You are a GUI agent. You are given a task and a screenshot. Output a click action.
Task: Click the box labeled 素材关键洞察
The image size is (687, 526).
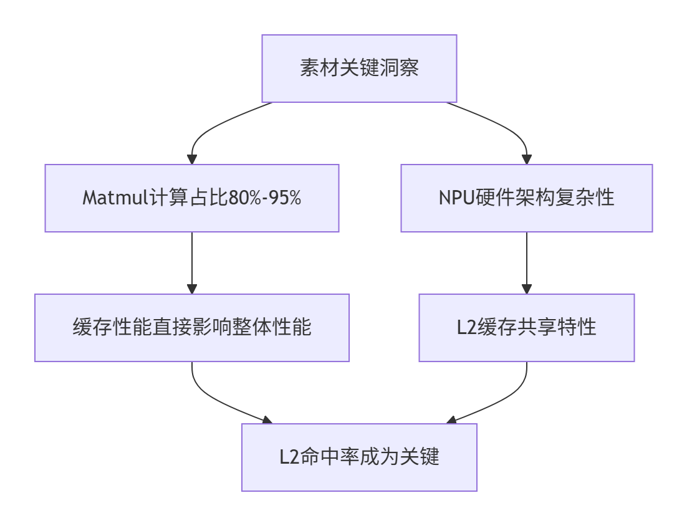(359, 68)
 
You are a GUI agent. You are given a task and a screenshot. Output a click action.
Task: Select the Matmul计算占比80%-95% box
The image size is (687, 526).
(192, 198)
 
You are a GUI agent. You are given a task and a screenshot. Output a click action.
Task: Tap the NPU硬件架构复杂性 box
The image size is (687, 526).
(526, 198)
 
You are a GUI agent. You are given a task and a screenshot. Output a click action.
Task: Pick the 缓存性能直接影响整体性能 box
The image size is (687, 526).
(192, 328)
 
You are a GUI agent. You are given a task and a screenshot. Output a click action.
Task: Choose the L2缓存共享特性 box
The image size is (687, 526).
(526, 328)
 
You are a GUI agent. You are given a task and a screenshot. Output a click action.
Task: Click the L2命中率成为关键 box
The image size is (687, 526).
(359, 457)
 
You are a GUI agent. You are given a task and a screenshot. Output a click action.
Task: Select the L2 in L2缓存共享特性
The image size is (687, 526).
(466, 328)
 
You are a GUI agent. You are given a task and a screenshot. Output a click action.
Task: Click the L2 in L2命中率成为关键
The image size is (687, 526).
(289, 457)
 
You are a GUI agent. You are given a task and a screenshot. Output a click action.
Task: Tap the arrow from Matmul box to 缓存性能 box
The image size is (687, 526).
(192, 262)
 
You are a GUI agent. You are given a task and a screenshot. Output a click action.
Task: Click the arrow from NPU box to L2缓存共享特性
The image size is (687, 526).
(526, 262)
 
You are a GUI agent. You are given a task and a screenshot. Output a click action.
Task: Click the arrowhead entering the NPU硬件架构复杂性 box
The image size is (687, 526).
(526, 160)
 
